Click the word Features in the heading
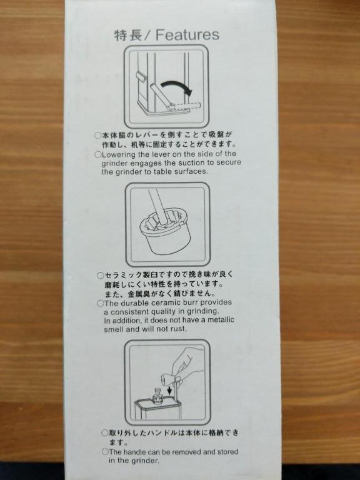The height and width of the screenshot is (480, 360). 187,34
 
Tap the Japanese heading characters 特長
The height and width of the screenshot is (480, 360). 128,35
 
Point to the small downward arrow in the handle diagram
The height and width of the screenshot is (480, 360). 169,390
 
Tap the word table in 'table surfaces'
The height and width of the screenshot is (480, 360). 163,171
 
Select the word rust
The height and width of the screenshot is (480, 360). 180,329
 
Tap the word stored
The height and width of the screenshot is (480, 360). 227,451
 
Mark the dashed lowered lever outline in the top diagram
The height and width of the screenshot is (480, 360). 186,106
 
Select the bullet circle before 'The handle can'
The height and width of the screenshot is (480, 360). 105,451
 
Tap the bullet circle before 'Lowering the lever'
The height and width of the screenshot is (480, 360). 98,154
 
